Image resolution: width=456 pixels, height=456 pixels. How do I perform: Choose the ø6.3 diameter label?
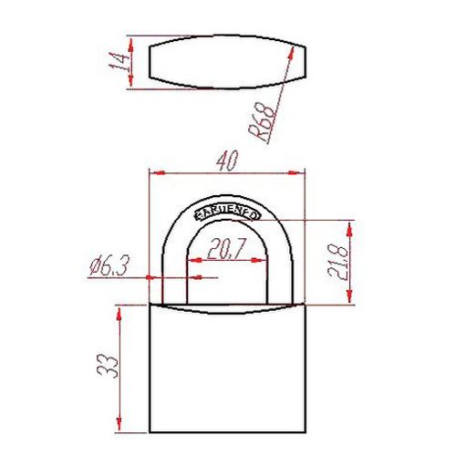[x=110, y=266]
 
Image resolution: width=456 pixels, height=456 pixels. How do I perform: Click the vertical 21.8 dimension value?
[x=338, y=262]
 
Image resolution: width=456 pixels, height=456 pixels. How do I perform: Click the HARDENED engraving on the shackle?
[x=227, y=212]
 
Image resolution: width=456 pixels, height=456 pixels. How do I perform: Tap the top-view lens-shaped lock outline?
[x=223, y=63]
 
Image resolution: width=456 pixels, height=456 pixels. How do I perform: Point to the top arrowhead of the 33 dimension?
[x=119, y=311]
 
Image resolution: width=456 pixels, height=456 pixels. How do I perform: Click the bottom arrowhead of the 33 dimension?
[x=119, y=428]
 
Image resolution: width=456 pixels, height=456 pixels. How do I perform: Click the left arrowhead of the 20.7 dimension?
[x=191, y=259]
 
